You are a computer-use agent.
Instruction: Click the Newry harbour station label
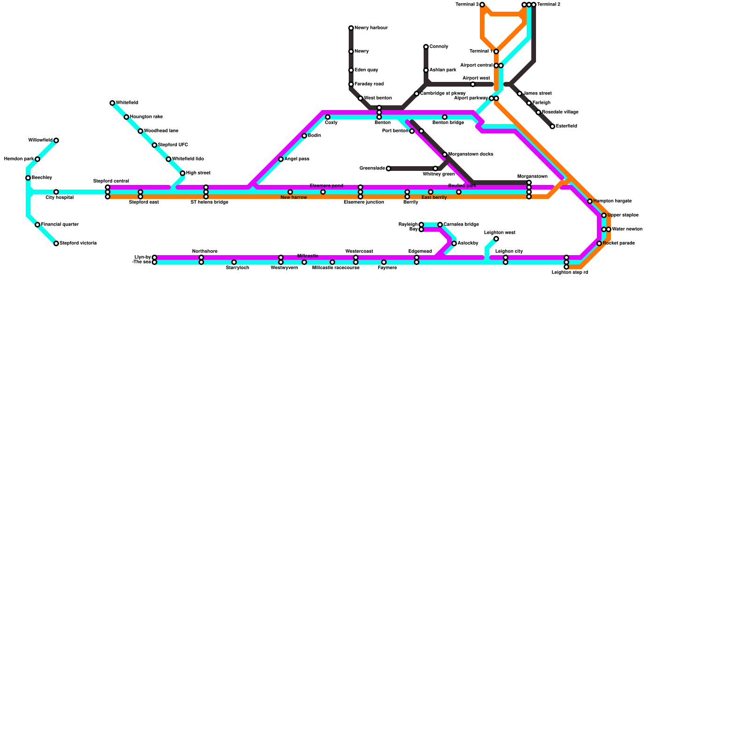[x=371, y=28]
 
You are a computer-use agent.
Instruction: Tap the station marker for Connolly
[x=426, y=47]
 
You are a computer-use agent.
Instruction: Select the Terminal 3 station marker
[x=482, y=5]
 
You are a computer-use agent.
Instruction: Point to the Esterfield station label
[x=566, y=126]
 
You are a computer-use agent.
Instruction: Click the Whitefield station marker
[x=112, y=103]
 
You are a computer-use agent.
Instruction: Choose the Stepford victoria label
[x=78, y=243]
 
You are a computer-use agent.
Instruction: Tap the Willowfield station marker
[x=56, y=140]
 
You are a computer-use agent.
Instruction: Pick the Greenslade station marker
[x=389, y=169]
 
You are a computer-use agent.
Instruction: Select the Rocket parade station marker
[x=599, y=243]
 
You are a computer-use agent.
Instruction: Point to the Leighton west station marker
[x=496, y=239]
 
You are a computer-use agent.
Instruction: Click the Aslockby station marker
[x=454, y=243]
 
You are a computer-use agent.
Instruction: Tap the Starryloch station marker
[x=234, y=262]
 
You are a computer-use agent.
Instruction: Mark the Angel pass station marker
[x=281, y=159]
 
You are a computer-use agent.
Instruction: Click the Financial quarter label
[x=59, y=225]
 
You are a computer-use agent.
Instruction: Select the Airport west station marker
[x=473, y=84]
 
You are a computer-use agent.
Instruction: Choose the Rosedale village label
[x=560, y=112]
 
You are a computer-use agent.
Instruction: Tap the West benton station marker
[x=360, y=98]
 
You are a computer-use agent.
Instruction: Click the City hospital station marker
[x=56, y=192]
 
